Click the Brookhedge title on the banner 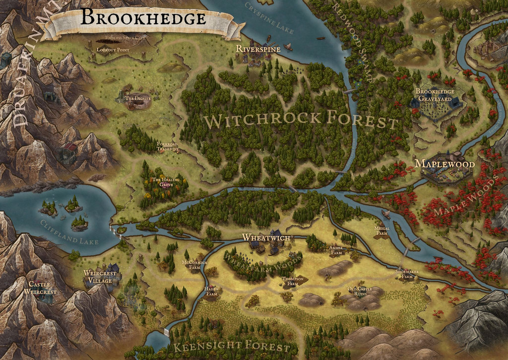[x=143, y=18]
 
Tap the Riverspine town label [x=258, y=49]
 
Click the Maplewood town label [x=444, y=163]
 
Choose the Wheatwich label [x=266, y=237]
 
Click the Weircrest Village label [x=100, y=277]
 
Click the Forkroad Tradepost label [x=167, y=146]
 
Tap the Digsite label [x=137, y=98]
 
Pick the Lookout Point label [x=113, y=50]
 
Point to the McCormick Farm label [x=194, y=264]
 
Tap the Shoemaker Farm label [x=407, y=274]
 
